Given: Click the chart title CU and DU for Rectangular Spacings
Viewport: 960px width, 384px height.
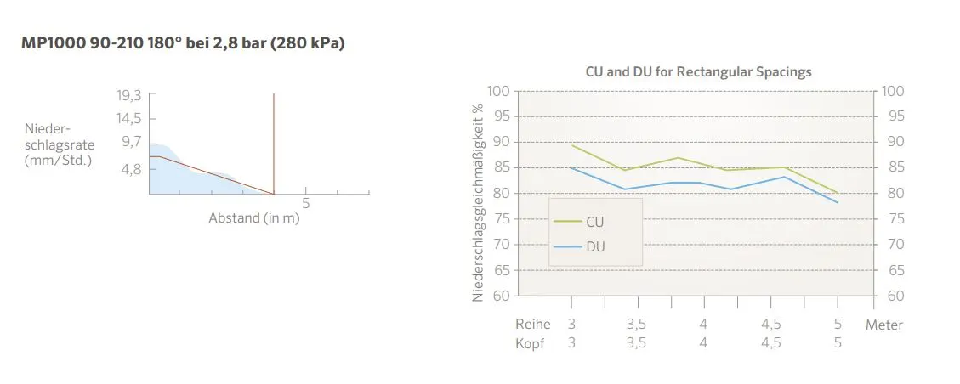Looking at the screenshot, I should point(698,71).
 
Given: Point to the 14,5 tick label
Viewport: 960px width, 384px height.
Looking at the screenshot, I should point(128,118).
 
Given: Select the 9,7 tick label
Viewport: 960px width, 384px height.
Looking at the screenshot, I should point(130,140).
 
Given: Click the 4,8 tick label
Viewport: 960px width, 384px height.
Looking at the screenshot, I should point(130,169).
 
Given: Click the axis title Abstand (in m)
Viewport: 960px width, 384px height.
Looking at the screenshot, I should point(254,217).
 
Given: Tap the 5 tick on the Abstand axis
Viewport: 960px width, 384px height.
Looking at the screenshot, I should point(306,204).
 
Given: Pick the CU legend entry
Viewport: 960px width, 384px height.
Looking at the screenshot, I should point(594,222).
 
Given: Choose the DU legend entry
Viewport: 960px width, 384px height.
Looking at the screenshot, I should point(594,246).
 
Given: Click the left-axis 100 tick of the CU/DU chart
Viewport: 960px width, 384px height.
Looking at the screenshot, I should point(499,91).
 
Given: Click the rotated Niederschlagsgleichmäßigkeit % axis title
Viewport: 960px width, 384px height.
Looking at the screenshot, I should point(479,202).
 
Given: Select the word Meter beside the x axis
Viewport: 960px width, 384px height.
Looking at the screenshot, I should point(884,325).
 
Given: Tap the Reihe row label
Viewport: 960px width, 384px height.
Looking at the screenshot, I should point(533,325).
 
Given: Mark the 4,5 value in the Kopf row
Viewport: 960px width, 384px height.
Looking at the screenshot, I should point(770,343).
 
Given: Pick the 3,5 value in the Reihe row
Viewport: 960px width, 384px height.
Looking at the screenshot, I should point(636,325).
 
